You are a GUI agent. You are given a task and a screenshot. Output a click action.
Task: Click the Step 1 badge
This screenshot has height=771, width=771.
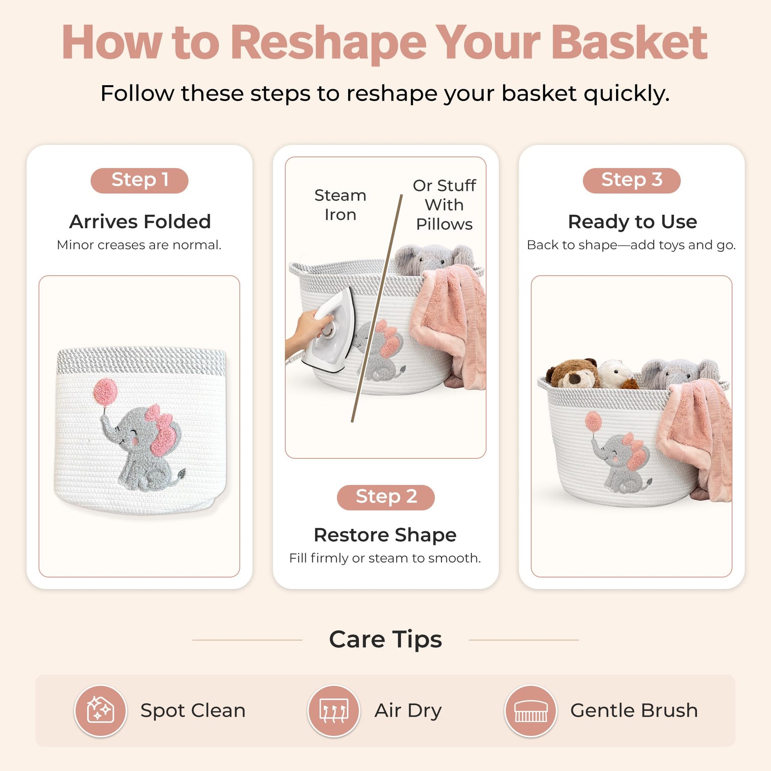click(139, 180)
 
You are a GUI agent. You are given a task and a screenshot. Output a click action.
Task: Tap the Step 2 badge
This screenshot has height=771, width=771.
click(385, 497)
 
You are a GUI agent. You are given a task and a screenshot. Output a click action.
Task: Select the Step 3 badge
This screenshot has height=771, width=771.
click(632, 180)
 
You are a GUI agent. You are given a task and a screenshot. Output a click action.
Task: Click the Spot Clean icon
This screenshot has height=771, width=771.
click(101, 711)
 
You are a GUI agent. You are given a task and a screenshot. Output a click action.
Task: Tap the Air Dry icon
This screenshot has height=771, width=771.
click(334, 711)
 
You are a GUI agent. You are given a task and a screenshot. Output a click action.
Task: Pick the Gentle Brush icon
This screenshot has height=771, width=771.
click(531, 711)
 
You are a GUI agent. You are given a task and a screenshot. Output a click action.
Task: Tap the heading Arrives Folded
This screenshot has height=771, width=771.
click(140, 221)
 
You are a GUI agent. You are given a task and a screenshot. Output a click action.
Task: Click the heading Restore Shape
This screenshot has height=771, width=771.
click(385, 535)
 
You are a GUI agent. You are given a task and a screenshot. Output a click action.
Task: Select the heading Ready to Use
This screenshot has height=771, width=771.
click(632, 222)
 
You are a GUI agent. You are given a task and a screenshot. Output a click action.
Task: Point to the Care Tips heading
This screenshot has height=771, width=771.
click(385, 639)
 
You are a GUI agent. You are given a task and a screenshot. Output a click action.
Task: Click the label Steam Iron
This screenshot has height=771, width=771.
click(340, 205)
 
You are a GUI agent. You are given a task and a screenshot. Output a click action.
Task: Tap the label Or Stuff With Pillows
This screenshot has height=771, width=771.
click(444, 205)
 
